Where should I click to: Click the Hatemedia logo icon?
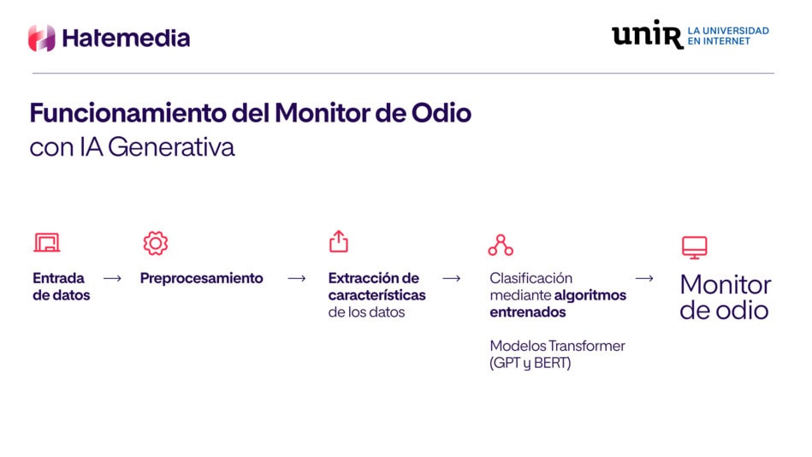click(41, 38)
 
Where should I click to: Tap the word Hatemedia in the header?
click(126, 38)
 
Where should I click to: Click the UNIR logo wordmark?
click(648, 34)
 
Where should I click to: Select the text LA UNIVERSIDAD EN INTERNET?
click(728, 36)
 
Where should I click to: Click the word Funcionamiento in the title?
click(127, 113)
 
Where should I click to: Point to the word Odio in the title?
click(442, 113)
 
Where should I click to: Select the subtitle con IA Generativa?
click(132, 147)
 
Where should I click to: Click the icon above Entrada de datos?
click(47, 242)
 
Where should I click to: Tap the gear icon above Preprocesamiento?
click(156, 244)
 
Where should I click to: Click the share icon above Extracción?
click(339, 241)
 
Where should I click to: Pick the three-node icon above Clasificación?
click(501, 245)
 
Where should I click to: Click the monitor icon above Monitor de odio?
click(695, 247)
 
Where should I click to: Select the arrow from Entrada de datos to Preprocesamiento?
click(112, 279)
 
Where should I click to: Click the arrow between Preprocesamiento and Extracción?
click(297, 279)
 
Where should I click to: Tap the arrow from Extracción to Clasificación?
click(452, 279)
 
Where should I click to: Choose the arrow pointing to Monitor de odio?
click(644, 279)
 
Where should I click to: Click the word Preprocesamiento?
click(201, 278)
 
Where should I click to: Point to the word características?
click(377, 295)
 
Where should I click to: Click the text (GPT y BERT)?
click(530, 363)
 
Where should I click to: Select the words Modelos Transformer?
click(557, 346)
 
